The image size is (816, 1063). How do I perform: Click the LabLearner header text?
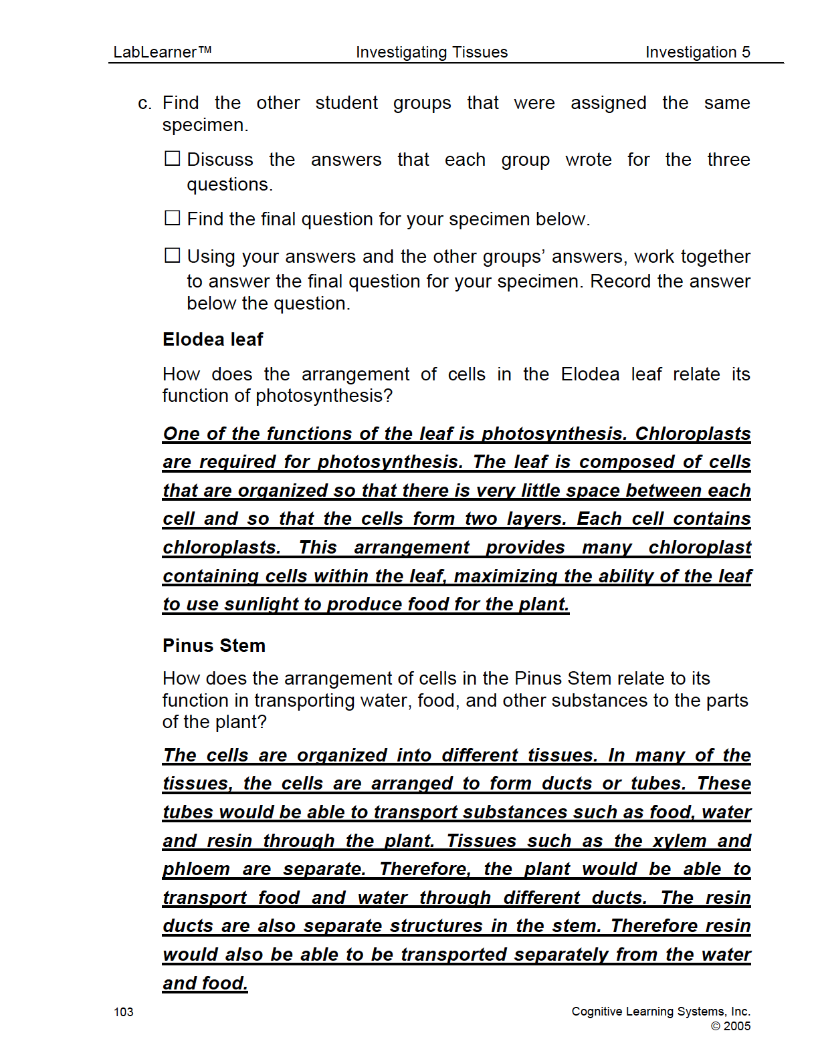162,52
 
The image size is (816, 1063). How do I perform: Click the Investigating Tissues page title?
431,52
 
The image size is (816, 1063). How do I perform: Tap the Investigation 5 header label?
698,52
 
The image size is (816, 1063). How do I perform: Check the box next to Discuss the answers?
173,158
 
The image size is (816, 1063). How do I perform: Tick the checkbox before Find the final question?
173,218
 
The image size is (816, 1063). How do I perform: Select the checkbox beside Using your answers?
173,255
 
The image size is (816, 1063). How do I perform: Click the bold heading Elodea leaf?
213,340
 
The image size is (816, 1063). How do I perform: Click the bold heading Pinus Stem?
214,645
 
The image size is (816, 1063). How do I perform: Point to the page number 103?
124,1012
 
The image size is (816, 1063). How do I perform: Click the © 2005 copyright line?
730,1026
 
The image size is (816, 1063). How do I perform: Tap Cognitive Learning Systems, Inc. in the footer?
661,1012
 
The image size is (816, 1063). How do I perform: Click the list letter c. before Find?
145,104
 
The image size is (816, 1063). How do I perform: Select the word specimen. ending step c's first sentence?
205,125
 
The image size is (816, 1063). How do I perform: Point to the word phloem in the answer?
196,869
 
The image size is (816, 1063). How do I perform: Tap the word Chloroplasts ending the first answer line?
692,433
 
